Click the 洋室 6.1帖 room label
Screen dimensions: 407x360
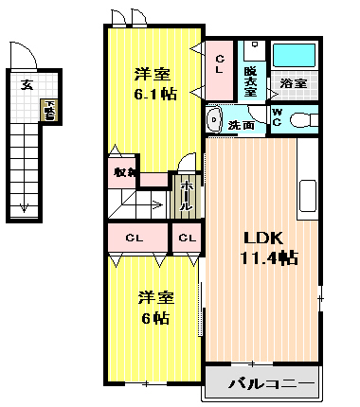(153, 82)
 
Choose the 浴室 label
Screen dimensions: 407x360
(293, 83)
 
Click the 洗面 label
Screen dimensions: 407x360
(241, 124)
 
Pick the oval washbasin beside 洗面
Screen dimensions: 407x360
(212, 119)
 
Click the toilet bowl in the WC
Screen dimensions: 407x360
(304, 118)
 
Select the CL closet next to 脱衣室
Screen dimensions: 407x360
(219, 65)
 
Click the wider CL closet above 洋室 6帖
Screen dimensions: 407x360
(135, 237)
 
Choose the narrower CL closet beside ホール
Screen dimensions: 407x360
(186, 237)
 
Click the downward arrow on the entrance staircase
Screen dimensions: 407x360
(21, 204)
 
